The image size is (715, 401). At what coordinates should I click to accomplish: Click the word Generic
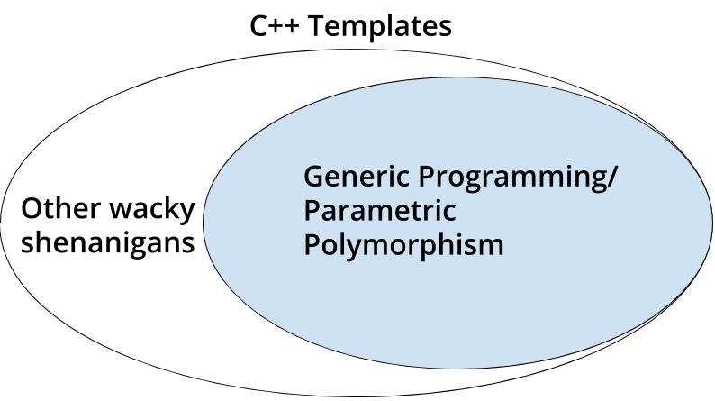point(349,177)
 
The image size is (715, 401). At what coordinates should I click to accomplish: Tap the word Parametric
point(380,211)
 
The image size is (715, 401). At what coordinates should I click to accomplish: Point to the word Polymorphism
point(403,245)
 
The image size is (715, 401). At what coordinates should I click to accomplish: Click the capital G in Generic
point(314,177)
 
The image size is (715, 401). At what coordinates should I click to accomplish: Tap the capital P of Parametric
point(312,211)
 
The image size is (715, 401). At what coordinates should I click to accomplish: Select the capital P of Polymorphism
point(312,244)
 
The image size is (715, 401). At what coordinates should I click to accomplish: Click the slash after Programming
point(612,178)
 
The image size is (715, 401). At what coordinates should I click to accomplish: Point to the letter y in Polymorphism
point(347,248)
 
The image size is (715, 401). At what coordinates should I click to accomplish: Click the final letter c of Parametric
point(450,214)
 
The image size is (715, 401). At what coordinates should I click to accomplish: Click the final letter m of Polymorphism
point(492,246)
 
